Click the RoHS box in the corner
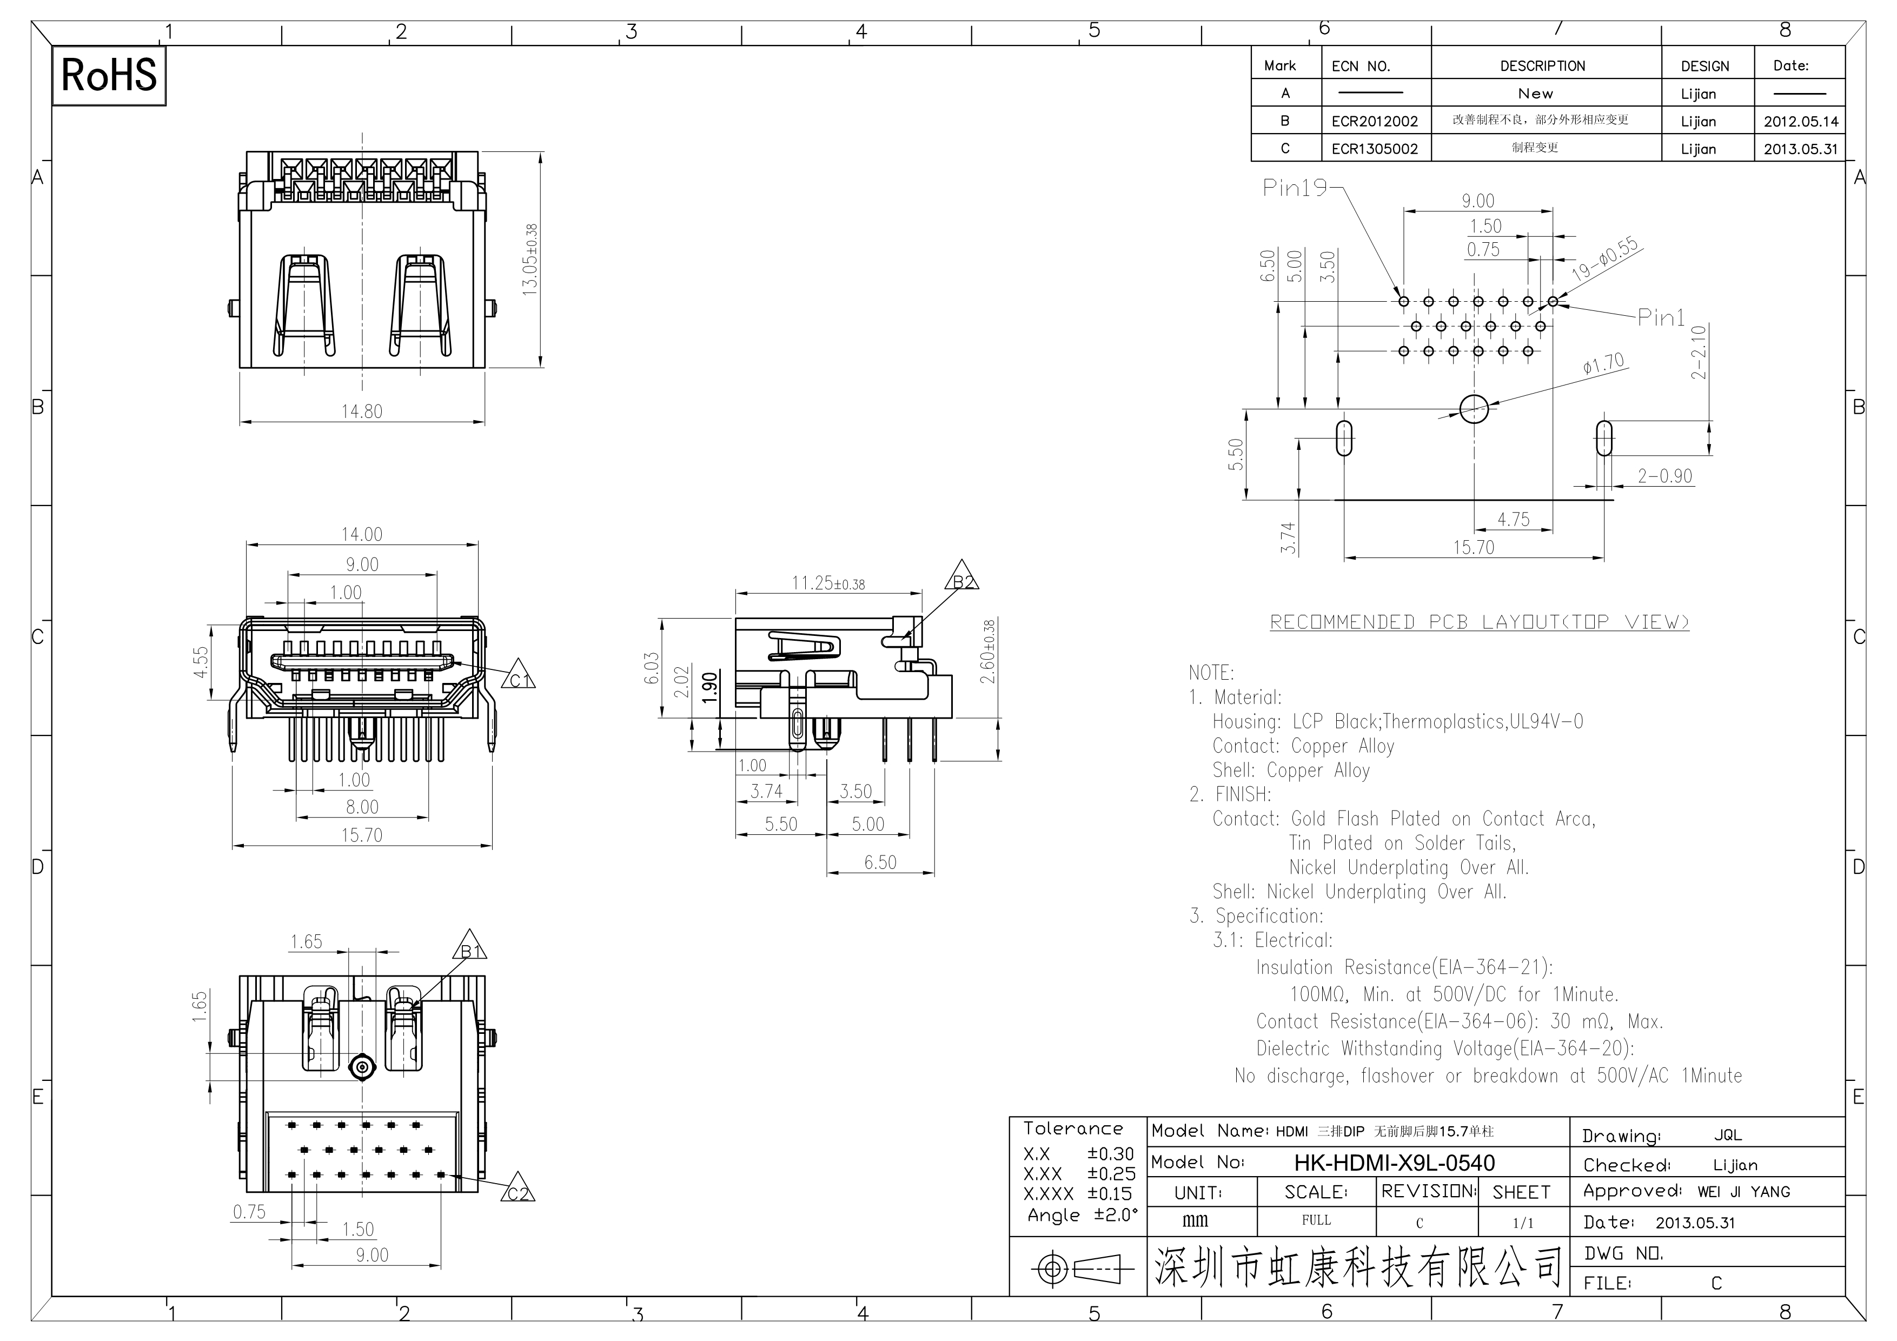tap(109, 75)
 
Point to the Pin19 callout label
tap(1295, 188)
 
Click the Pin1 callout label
tap(1661, 317)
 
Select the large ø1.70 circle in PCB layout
tap(1474, 408)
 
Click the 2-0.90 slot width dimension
tap(1665, 476)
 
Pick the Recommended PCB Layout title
tap(1479, 622)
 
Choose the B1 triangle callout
tap(469, 947)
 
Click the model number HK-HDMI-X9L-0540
tap(1394, 1163)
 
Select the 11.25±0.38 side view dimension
tap(828, 583)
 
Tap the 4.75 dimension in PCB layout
tap(1514, 520)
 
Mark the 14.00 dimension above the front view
tap(362, 535)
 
